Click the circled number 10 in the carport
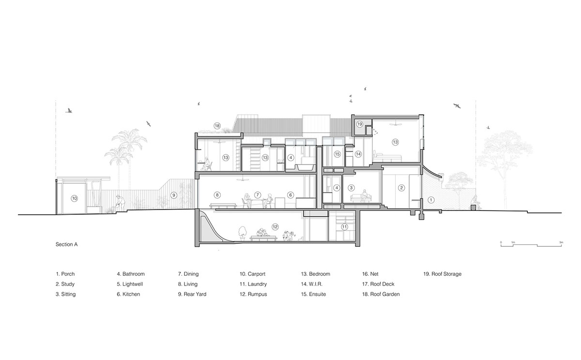(x=75, y=198)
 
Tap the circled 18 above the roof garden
(x=217, y=126)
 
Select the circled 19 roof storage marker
(x=359, y=124)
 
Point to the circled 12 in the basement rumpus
(x=275, y=227)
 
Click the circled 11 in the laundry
(x=344, y=227)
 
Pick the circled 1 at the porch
(x=431, y=200)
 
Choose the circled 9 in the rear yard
(x=174, y=195)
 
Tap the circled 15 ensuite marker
(x=337, y=154)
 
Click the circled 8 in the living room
(x=217, y=195)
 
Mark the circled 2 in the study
(x=401, y=188)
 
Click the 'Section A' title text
(x=67, y=244)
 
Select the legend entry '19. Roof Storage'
(x=443, y=274)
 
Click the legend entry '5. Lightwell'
(x=130, y=284)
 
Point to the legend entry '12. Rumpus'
(x=253, y=294)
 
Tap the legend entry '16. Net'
(x=370, y=274)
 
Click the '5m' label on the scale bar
(x=561, y=242)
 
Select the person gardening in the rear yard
(x=121, y=202)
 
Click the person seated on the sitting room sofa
(x=364, y=195)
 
